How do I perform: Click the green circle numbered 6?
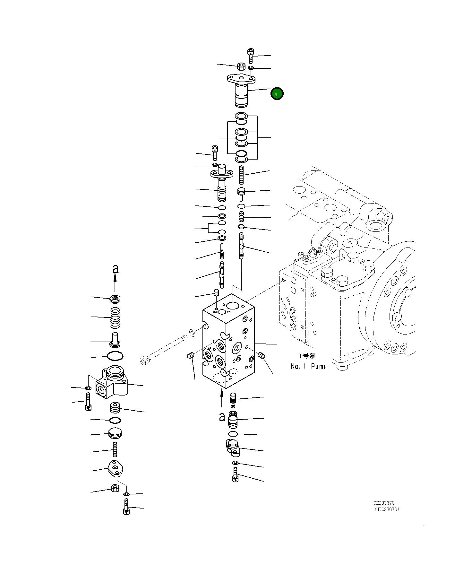point(277,94)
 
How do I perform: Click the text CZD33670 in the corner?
point(384,503)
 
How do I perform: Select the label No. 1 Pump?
point(308,366)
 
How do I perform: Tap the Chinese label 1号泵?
point(307,356)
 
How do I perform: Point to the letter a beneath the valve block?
point(222,417)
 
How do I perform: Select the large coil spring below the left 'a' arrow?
point(115,318)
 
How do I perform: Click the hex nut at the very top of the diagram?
point(241,67)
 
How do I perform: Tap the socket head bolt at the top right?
point(251,56)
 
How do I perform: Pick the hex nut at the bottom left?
point(115,488)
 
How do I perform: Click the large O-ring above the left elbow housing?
point(115,356)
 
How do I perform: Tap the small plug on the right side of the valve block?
point(262,355)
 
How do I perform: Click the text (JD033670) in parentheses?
point(387,509)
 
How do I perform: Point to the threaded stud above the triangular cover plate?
point(115,449)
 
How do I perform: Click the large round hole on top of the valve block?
point(232,305)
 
